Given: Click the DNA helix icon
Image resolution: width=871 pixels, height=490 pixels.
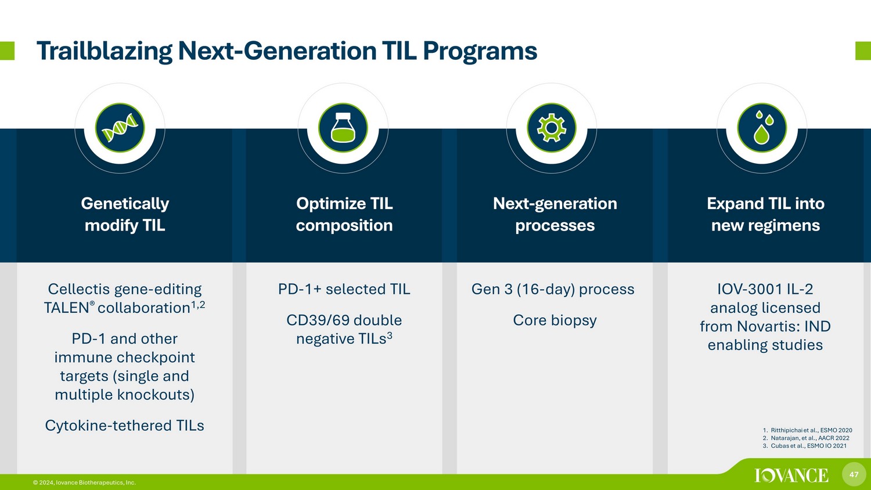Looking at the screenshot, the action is (x=120, y=128).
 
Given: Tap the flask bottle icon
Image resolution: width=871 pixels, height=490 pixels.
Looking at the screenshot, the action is (x=343, y=127).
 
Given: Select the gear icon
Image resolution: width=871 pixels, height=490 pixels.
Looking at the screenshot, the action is (x=552, y=128).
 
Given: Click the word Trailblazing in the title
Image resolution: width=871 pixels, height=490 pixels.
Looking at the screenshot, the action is (x=105, y=51).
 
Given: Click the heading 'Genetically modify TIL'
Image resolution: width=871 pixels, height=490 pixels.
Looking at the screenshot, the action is (x=125, y=214).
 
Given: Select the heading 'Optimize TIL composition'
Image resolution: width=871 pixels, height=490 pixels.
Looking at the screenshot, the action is (x=344, y=214).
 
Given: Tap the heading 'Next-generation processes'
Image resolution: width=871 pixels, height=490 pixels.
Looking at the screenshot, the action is (x=555, y=214).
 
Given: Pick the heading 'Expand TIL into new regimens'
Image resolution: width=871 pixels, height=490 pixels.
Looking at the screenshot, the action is (x=766, y=214).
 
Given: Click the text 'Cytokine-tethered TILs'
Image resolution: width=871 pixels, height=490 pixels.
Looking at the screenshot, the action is (x=124, y=426).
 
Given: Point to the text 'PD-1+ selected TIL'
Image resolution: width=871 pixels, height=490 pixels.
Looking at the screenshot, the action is (x=344, y=289).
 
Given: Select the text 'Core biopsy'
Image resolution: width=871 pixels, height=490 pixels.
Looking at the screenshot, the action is (x=555, y=320).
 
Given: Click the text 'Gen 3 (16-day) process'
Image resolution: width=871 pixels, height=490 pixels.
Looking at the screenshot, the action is (x=553, y=289).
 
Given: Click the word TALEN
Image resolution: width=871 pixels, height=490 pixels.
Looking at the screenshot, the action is (x=67, y=308).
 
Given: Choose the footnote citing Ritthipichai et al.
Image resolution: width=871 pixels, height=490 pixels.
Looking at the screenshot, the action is (x=807, y=430).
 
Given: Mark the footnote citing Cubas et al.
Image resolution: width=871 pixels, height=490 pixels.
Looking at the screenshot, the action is (x=804, y=446).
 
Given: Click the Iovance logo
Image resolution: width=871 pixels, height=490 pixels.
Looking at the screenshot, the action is (x=791, y=475).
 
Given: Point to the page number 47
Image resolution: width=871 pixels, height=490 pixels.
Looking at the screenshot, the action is (x=854, y=474).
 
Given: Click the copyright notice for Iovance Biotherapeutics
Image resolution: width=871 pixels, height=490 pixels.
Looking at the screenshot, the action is (x=84, y=482).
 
